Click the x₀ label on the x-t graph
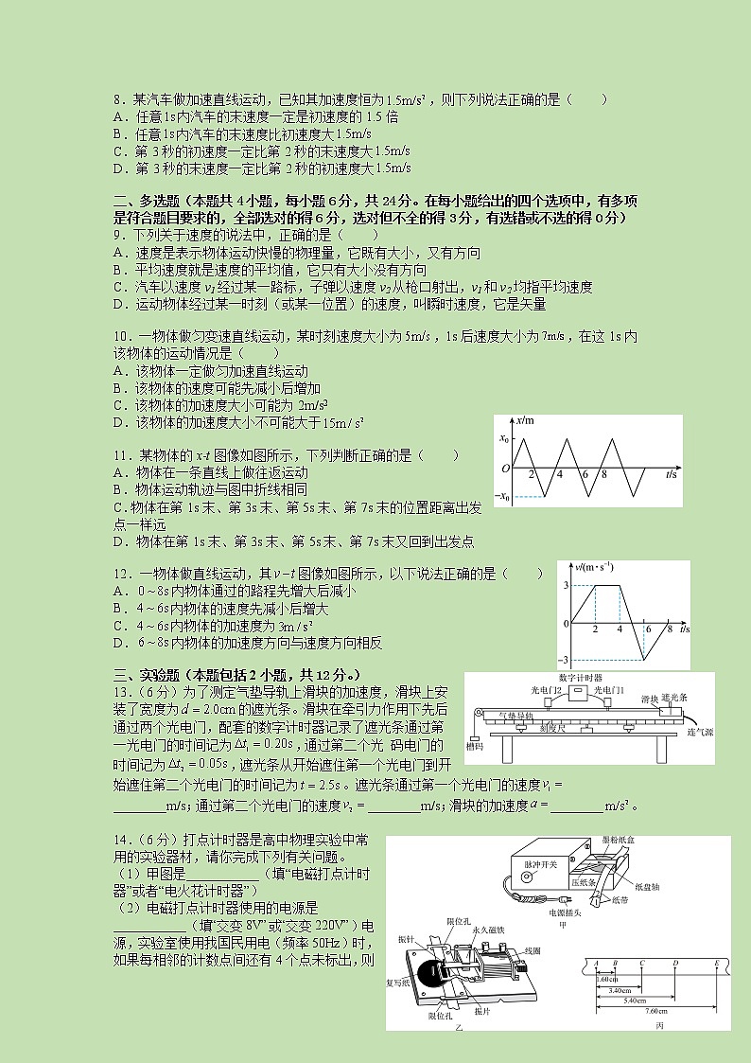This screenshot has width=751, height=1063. click(x=503, y=439)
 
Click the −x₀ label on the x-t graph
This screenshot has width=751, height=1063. click(x=504, y=496)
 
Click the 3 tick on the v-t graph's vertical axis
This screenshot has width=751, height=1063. click(x=566, y=587)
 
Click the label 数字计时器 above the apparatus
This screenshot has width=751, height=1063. click(x=583, y=678)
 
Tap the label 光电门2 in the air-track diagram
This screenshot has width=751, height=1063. click(x=547, y=691)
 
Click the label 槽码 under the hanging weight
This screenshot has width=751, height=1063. click(x=475, y=748)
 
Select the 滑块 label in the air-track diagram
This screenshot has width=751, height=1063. click(x=649, y=699)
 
